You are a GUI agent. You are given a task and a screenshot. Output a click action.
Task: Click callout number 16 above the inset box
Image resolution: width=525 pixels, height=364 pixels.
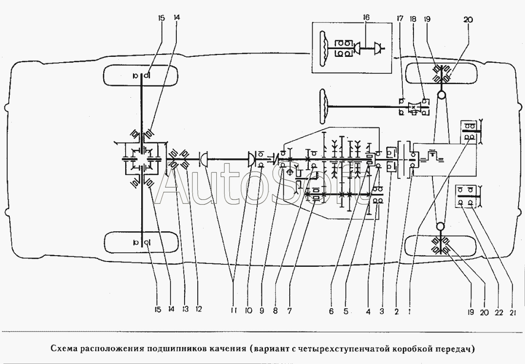(x=366, y=18)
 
